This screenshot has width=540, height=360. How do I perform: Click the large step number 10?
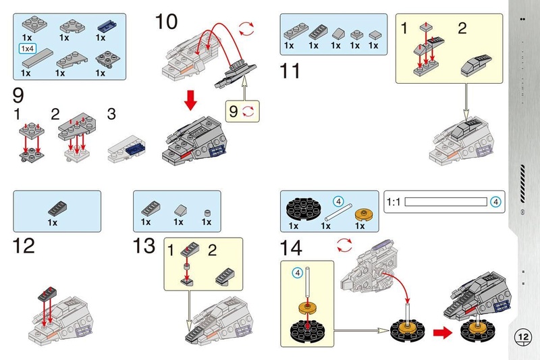pos(166,22)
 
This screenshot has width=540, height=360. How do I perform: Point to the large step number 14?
pos(292,247)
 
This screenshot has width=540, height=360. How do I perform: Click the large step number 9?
pos(20,95)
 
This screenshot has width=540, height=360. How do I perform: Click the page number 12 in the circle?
pos(523,336)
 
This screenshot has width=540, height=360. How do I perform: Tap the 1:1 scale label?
pos(393,201)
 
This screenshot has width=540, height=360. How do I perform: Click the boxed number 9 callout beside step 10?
pos(234,110)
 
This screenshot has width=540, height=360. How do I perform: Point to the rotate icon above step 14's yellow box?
pos(344,243)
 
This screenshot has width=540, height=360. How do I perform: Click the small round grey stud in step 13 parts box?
pos(208,213)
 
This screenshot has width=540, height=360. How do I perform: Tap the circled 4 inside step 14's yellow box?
pos(296,272)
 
